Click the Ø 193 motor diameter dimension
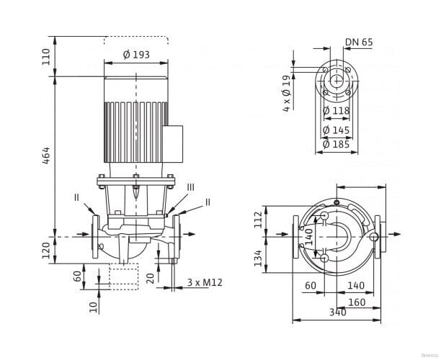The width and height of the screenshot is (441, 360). (136, 55)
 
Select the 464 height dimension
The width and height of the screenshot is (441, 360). (46, 156)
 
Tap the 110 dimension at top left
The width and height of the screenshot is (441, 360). (46, 57)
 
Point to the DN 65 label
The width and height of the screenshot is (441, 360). (359, 42)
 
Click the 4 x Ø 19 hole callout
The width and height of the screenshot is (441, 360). (286, 94)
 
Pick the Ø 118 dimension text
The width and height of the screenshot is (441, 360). (337, 110)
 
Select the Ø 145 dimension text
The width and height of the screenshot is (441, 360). (337, 130)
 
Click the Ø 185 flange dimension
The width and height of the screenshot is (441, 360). (337, 145)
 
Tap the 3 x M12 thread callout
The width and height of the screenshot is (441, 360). (205, 282)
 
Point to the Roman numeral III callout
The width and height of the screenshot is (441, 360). (191, 187)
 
